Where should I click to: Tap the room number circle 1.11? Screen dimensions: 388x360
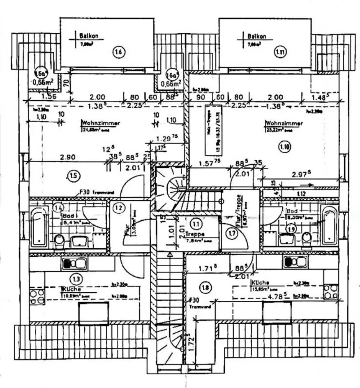[x=280, y=52]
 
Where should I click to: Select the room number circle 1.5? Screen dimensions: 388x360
[x=73, y=176]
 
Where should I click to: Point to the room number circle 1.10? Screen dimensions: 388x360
[x=284, y=145]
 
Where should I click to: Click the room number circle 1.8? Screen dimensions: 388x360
[x=205, y=288]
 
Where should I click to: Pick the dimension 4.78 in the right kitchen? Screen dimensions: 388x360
[x=272, y=295]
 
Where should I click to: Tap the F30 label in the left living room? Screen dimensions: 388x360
[x=84, y=192]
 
